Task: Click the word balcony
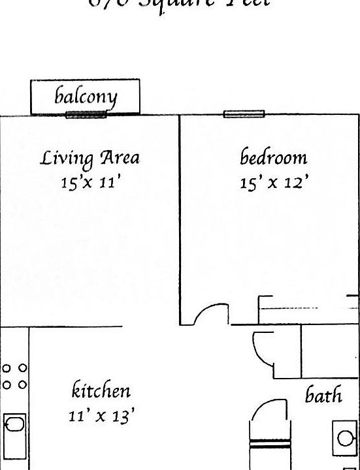(x=86, y=97)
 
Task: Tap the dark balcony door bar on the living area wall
(x=86, y=115)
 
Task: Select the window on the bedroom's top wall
(x=244, y=114)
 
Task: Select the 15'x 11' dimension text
(x=91, y=183)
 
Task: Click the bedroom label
(x=274, y=157)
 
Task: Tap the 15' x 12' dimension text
(x=274, y=183)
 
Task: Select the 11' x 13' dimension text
(x=102, y=415)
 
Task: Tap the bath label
(x=324, y=395)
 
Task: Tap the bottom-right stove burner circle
(x=22, y=384)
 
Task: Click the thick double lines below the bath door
(x=269, y=445)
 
